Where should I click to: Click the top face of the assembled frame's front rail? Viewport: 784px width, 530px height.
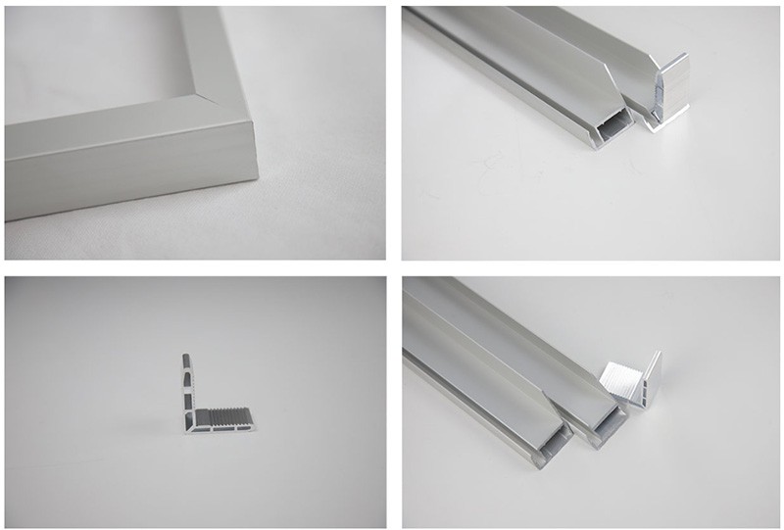pyautogui.click(x=118, y=132)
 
